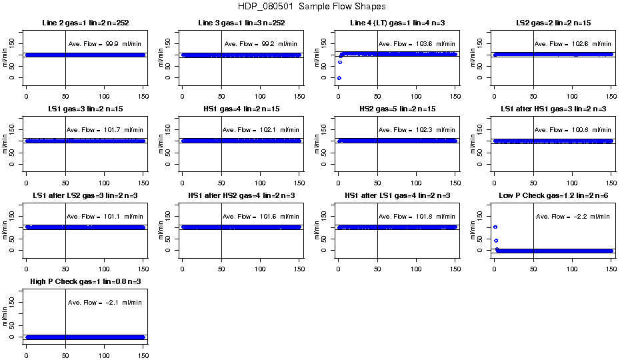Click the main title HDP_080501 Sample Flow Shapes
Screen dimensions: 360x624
point(311,7)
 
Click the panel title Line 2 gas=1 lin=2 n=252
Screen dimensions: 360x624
point(85,23)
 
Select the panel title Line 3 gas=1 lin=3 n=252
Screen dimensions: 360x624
point(241,23)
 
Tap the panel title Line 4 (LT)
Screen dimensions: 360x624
point(397,23)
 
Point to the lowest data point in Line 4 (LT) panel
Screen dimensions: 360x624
point(339,78)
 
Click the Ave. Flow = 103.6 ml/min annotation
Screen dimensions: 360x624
point(417,44)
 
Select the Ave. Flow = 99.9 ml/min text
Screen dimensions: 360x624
point(105,44)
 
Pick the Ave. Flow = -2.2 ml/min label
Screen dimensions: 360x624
point(573,217)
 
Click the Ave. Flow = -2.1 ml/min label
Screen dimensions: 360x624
point(105,303)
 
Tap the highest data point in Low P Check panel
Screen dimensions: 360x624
point(495,227)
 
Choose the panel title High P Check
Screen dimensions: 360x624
point(85,282)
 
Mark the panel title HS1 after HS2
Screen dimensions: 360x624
point(241,196)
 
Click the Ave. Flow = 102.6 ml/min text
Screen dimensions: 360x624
point(573,44)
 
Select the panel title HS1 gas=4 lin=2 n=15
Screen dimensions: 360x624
point(241,109)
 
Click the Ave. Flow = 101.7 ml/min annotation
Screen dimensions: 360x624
point(105,130)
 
